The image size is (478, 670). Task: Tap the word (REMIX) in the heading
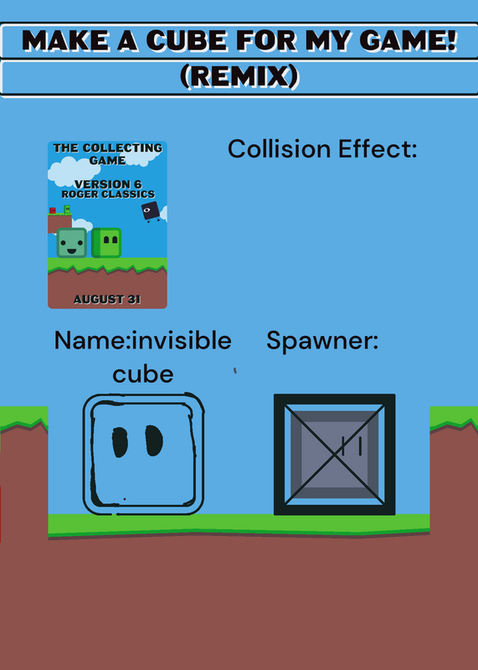(x=239, y=77)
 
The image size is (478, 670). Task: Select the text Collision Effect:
(x=322, y=149)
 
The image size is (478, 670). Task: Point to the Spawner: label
(x=322, y=342)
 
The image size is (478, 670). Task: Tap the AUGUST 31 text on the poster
(x=107, y=299)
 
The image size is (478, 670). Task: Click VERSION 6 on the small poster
(x=108, y=184)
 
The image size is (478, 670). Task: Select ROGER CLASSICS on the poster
(x=108, y=194)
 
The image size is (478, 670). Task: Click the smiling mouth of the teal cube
(x=72, y=250)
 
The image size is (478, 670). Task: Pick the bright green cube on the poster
(x=106, y=243)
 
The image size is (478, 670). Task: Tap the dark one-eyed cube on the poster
(x=151, y=211)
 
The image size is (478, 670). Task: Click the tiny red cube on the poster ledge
(x=53, y=210)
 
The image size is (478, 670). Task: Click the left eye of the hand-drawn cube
(x=120, y=441)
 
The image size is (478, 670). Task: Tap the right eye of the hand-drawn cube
(x=154, y=441)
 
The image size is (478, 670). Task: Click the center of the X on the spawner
(x=335, y=454)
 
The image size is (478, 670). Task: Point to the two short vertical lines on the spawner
(x=352, y=446)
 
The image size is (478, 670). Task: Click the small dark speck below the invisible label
(x=235, y=370)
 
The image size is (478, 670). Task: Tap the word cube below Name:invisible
(x=142, y=374)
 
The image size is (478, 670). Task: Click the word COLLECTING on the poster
(x=122, y=148)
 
